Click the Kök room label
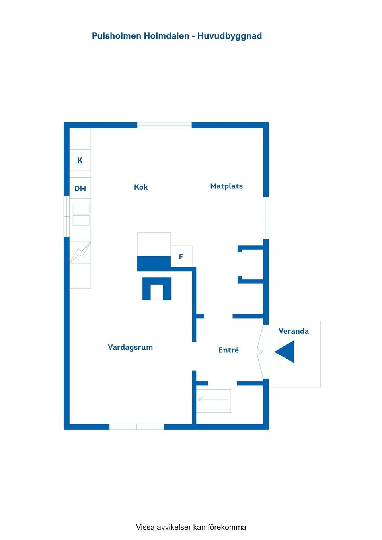[x=141, y=187]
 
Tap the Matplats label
[x=226, y=186]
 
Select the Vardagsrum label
[x=130, y=347]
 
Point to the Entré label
[x=229, y=350]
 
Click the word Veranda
[x=294, y=331]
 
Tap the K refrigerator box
[x=80, y=160]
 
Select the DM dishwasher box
[x=80, y=188]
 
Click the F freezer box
[x=181, y=256]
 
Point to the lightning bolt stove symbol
[x=80, y=253]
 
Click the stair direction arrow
[x=213, y=400]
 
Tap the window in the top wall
[x=164, y=125]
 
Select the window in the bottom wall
[x=137, y=427]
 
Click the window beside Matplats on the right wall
[x=266, y=218]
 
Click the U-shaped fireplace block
[x=157, y=289]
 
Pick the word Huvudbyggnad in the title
[x=230, y=36]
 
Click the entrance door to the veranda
[x=261, y=352]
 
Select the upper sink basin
[x=81, y=209]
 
